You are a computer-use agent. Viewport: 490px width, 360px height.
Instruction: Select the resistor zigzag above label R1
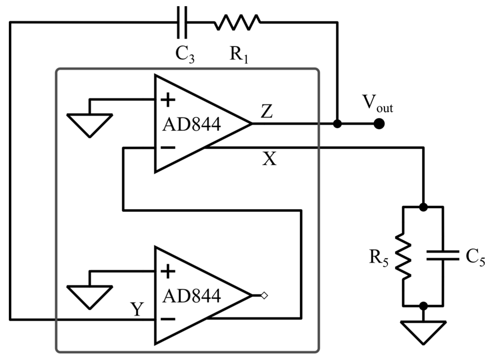pyautogui.click(x=237, y=23)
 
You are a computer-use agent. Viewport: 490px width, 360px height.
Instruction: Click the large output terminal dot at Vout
pyautogui.click(x=379, y=124)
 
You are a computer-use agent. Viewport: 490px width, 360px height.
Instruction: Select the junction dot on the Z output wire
pyautogui.click(x=337, y=124)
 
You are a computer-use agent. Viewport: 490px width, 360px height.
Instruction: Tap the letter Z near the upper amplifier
pyautogui.click(x=267, y=112)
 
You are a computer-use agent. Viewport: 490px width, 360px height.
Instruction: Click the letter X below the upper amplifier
pyautogui.click(x=269, y=159)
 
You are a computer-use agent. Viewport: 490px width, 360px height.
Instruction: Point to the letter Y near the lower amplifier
pyautogui.click(x=137, y=309)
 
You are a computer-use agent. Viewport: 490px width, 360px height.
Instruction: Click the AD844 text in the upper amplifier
pyautogui.click(x=191, y=124)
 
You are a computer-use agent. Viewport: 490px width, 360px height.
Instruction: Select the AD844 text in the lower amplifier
pyautogui.click(x=191, y=296)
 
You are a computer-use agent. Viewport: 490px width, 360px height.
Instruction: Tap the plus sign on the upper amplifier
pyautogui.click(x=168, y=100)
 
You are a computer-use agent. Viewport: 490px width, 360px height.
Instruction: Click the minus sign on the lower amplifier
pyautogui.click(x=168, y=319)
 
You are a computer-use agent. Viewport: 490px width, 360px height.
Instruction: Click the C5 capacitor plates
pyautogui.click(x=443, y=255)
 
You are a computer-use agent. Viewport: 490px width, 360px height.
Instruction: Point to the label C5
pyautogui.click(x=475, y=258)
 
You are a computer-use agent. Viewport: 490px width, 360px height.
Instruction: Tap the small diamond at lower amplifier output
pyautogui.click(x=264, y=295)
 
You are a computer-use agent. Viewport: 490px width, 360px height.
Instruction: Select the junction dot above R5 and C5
pyautogui.click(x=423, y=207)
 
